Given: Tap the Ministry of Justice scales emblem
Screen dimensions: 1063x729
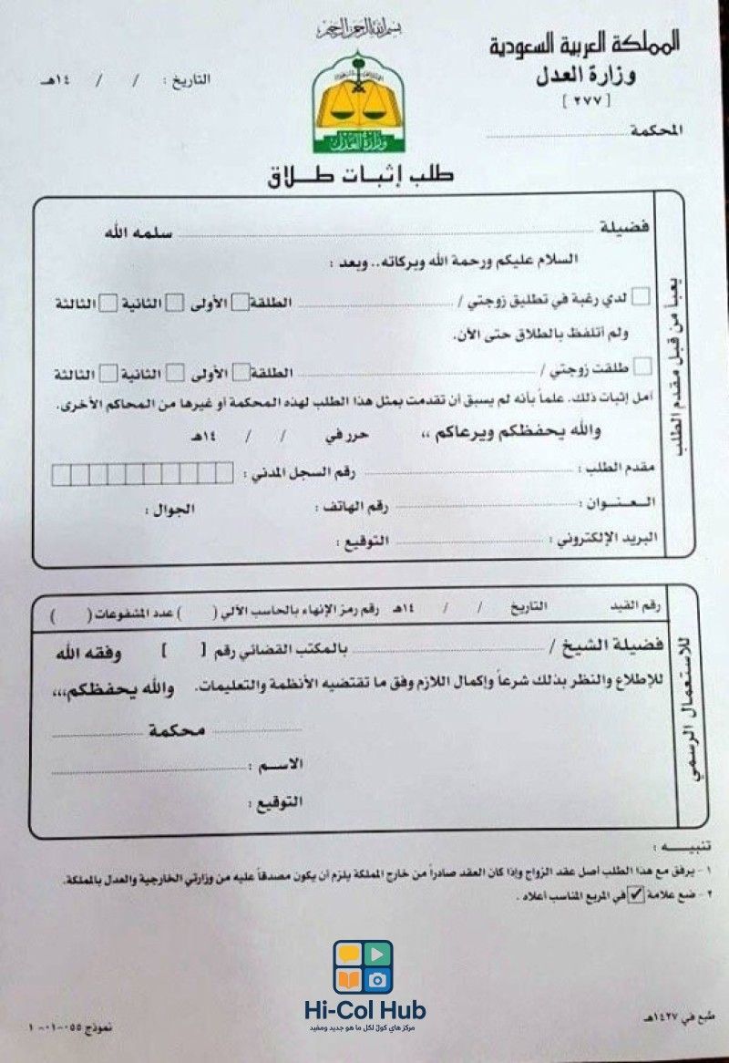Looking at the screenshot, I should click(x=358, y=101).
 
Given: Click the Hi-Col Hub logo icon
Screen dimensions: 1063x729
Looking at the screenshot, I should click(x=363, y=967).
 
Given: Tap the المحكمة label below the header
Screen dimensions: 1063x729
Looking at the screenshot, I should click(x=656, y=131).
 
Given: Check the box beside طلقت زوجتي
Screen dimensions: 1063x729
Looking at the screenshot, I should click(x=642, y=367).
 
